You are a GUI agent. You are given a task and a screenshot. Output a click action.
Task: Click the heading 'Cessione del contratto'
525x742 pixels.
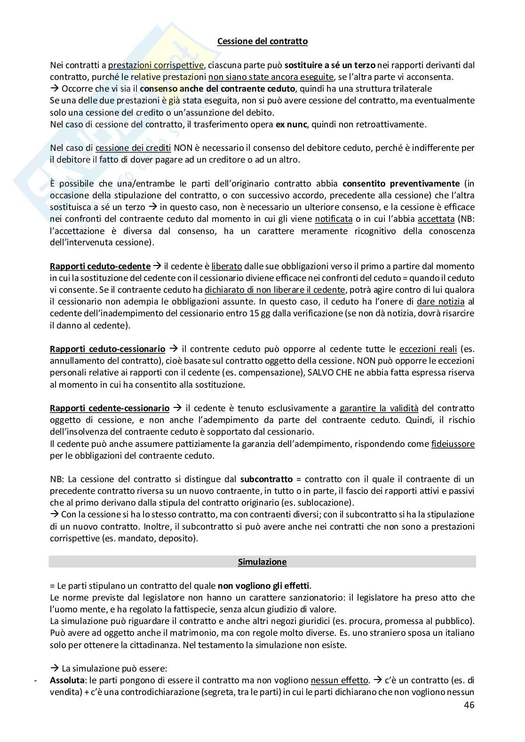[262, 41]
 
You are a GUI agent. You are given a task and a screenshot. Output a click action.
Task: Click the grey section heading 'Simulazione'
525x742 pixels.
[262, 562]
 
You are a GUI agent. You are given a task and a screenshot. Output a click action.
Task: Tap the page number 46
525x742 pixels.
[469, 704]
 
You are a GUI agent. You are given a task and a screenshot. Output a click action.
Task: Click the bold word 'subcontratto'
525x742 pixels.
[266, 479]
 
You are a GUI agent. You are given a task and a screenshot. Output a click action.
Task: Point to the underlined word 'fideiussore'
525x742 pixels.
[453, 444]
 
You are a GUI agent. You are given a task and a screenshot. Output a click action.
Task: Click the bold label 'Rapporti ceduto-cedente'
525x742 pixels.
[100, 266]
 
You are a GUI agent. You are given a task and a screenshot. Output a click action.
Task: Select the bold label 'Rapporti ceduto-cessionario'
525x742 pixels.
[107, 349]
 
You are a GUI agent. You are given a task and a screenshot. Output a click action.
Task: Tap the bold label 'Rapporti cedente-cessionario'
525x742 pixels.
[110, 408]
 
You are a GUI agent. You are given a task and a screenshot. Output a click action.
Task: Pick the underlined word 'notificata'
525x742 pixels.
[334, 219]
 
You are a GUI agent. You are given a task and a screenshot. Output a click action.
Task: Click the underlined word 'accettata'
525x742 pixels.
[436, 219]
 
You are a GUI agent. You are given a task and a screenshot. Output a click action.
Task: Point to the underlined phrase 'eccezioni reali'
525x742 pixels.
[428, 349]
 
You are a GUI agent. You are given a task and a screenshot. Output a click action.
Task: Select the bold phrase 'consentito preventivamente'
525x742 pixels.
[401, 183]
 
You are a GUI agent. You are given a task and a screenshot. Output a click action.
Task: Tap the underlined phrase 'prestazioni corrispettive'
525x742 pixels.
[156, 65]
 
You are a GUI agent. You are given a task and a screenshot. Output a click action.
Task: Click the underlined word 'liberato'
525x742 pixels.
[227, 266]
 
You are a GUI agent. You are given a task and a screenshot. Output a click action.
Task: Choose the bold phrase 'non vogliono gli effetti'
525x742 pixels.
[263, 586]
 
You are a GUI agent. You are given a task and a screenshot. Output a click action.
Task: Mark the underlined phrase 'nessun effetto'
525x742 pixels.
[339, 680]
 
